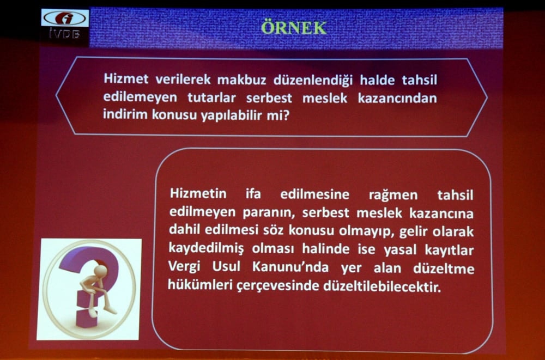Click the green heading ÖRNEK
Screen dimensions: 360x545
click(x=293, y=28)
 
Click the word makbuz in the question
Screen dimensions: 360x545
click(x=243, y=80)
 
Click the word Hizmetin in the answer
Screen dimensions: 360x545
click(x=194, y=194)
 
